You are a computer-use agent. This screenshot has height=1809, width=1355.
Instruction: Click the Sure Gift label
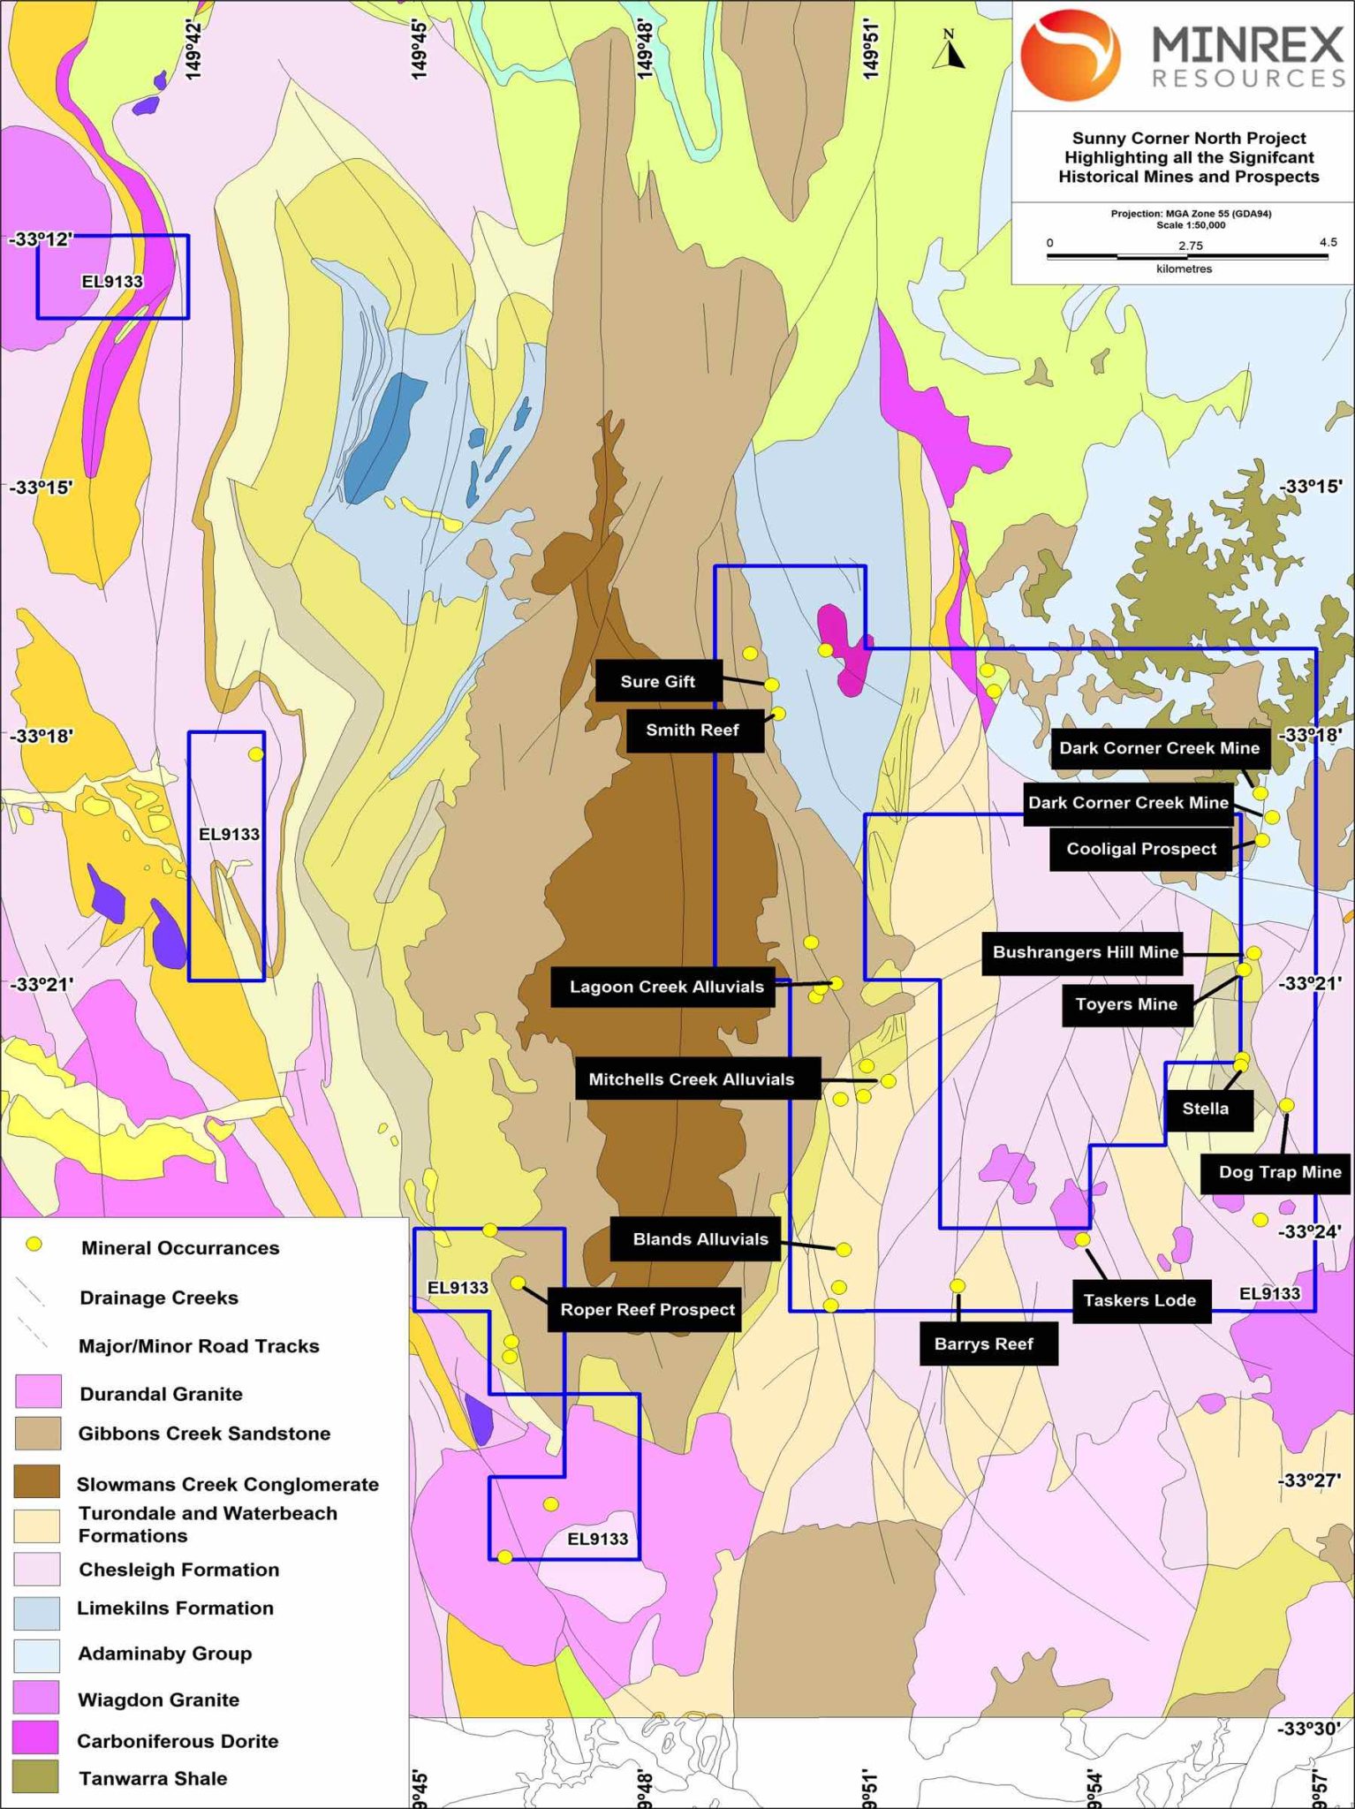point(658,681)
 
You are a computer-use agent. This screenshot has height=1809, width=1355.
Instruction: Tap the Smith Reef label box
point(694,730)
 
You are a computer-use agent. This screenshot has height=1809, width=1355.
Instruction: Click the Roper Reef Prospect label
point(647,1309)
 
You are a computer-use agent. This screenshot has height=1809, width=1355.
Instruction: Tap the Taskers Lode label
point(1140,1300)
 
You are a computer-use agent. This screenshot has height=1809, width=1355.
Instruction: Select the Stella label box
point(1207,1109)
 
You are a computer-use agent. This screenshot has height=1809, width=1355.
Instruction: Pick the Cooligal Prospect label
point(1141,849)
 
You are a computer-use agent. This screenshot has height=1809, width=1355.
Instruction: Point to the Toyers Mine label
point(1126,1004)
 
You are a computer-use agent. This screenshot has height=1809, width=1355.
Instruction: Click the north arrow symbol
point(950,52)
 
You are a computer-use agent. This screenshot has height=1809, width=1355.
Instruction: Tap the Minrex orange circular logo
point(1070,55)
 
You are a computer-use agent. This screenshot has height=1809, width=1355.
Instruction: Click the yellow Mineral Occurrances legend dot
point(34,1245)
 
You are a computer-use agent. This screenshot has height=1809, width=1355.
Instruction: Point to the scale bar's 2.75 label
point(1190,246)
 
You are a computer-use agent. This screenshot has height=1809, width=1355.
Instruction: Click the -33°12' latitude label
point(41,239)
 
